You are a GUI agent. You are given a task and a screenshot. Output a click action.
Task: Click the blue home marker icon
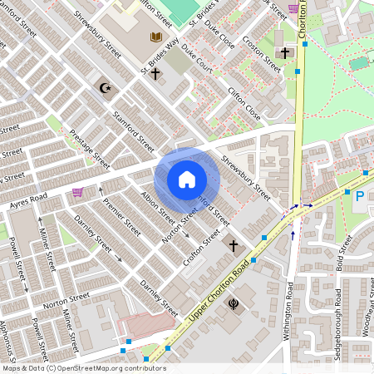click(x=187, y=180)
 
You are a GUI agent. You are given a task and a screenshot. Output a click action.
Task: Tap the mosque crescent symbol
click(x=105, y=87)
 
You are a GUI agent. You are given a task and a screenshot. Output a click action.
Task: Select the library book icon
click(x=155, y=37)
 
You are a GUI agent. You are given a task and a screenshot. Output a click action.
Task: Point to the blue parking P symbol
click(x=360, y=196)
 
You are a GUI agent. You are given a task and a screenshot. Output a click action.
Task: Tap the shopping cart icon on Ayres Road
click(x=77, y=192)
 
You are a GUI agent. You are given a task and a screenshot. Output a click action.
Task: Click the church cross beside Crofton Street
click(x=234, y=246)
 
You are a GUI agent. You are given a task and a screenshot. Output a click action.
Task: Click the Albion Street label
click(x=158, y=208)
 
